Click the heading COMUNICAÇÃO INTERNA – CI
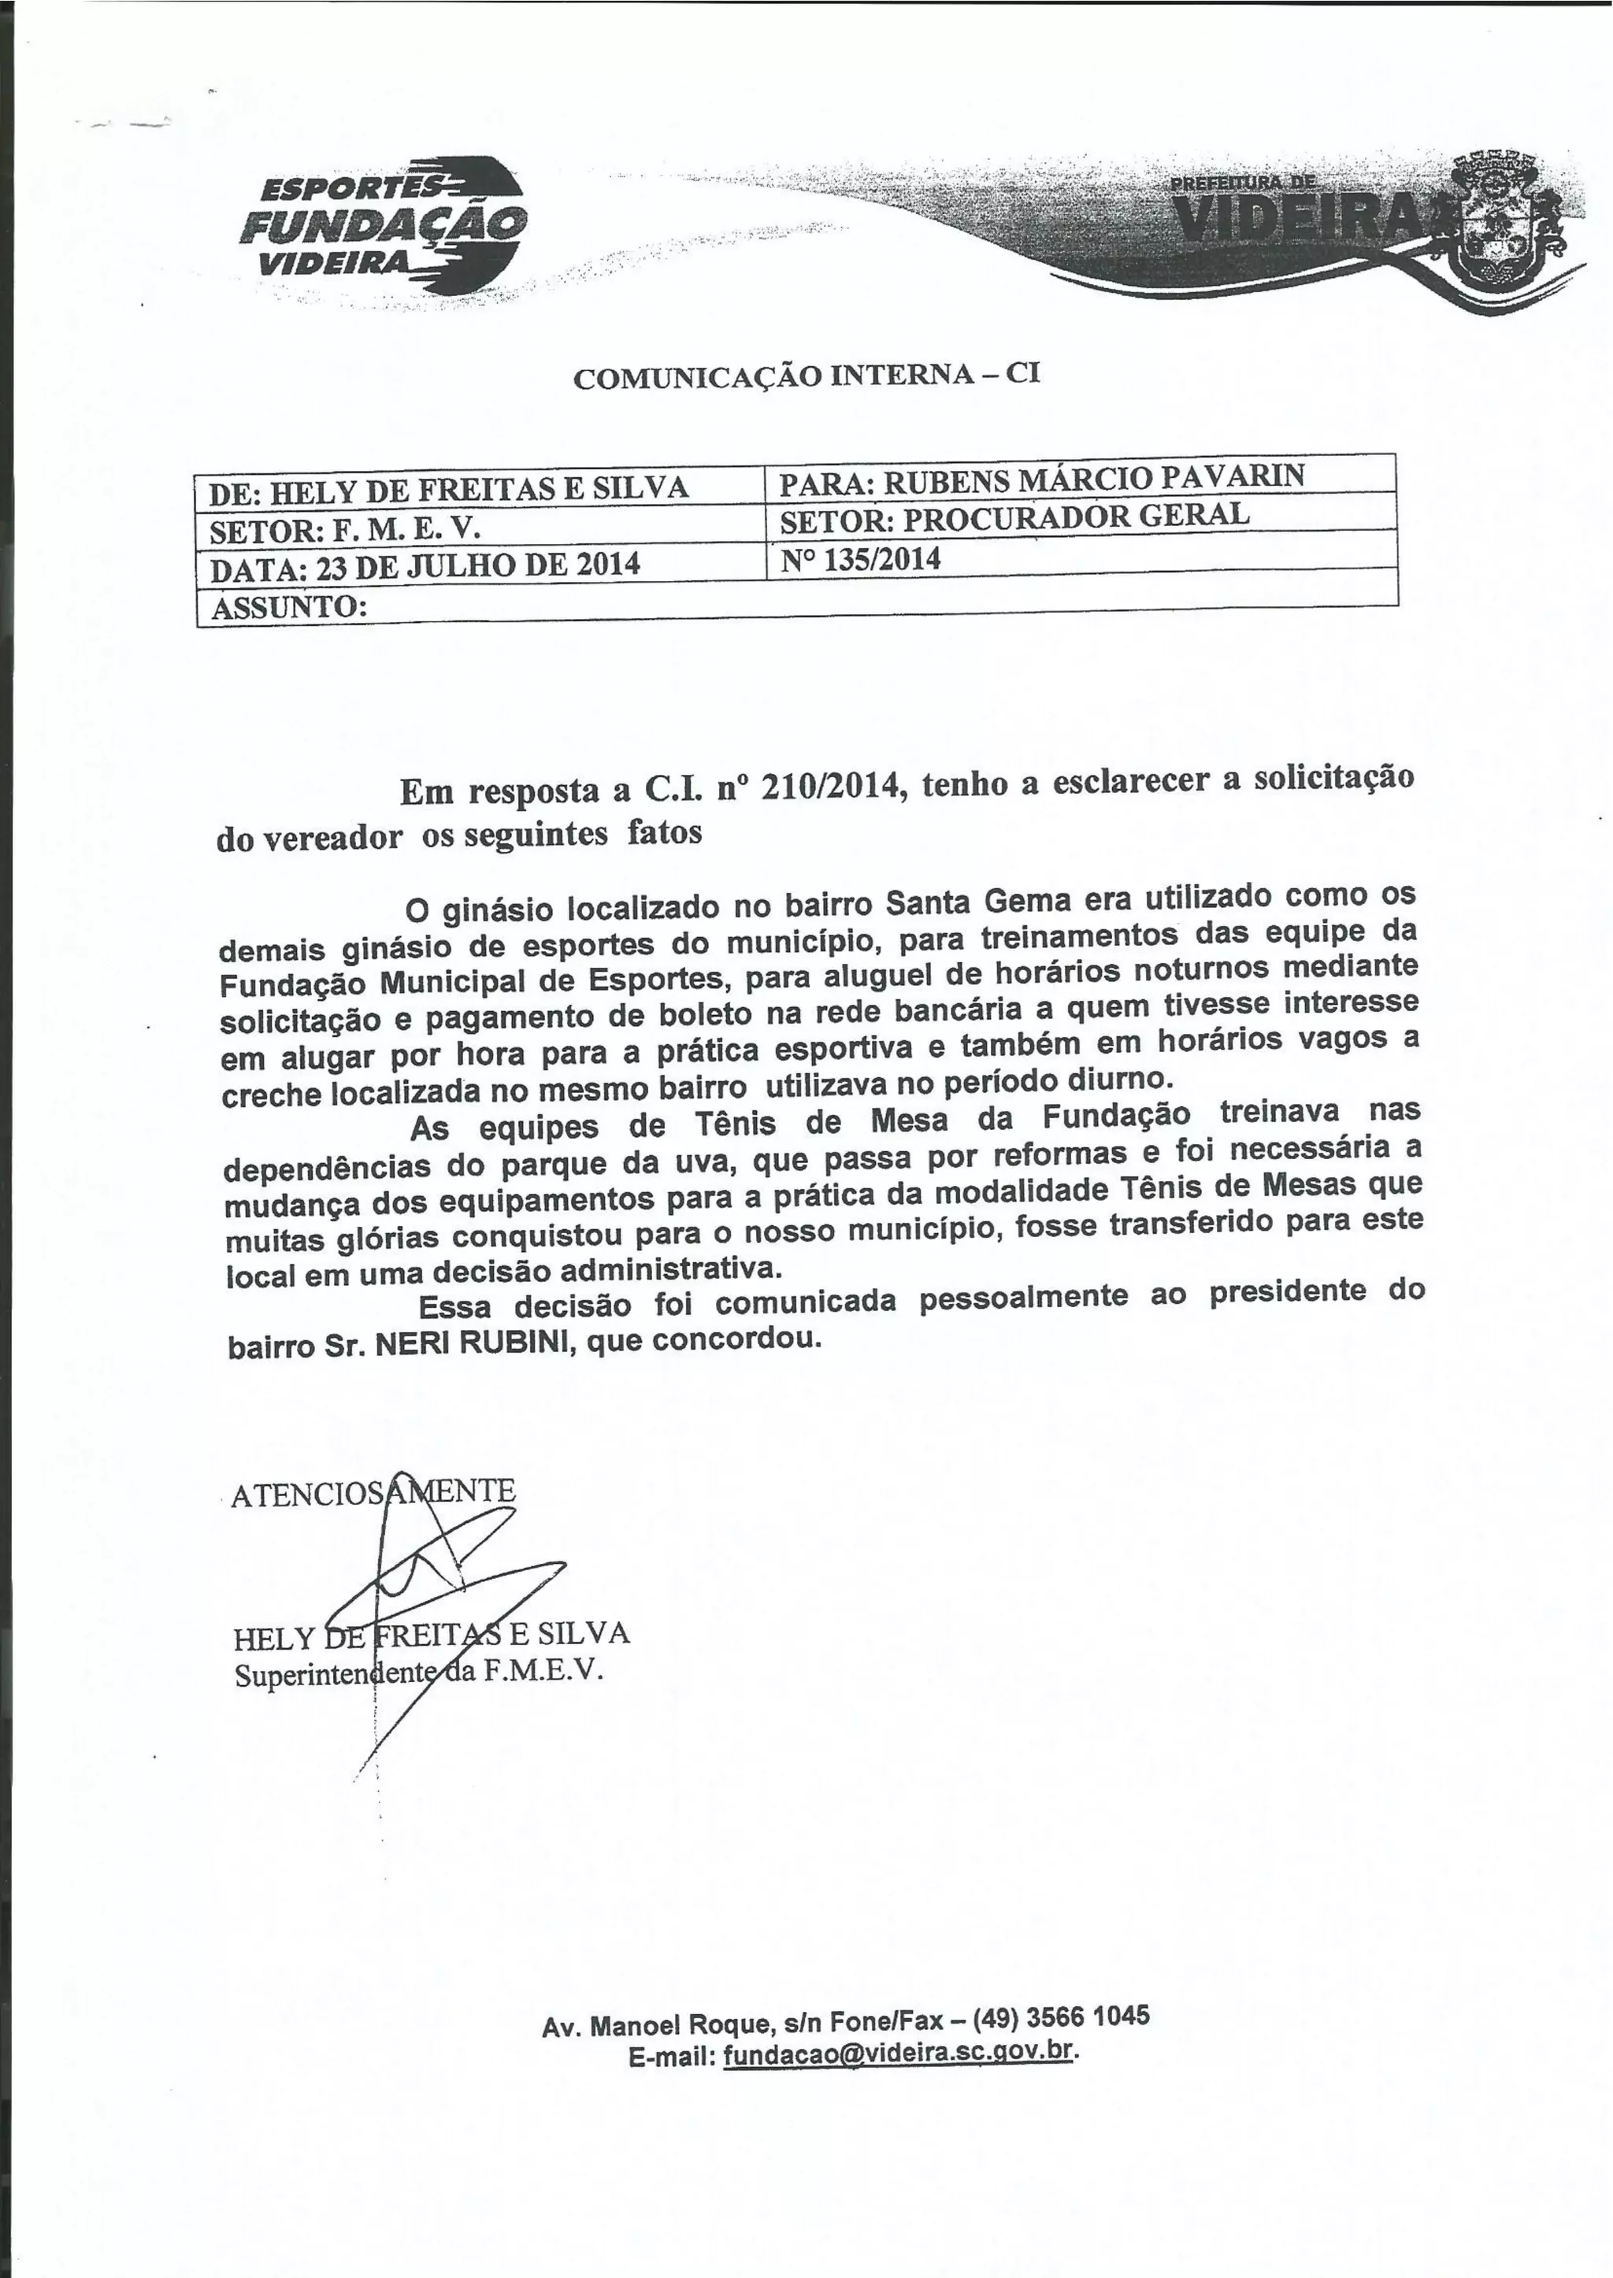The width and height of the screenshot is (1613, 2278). pos(806,376)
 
